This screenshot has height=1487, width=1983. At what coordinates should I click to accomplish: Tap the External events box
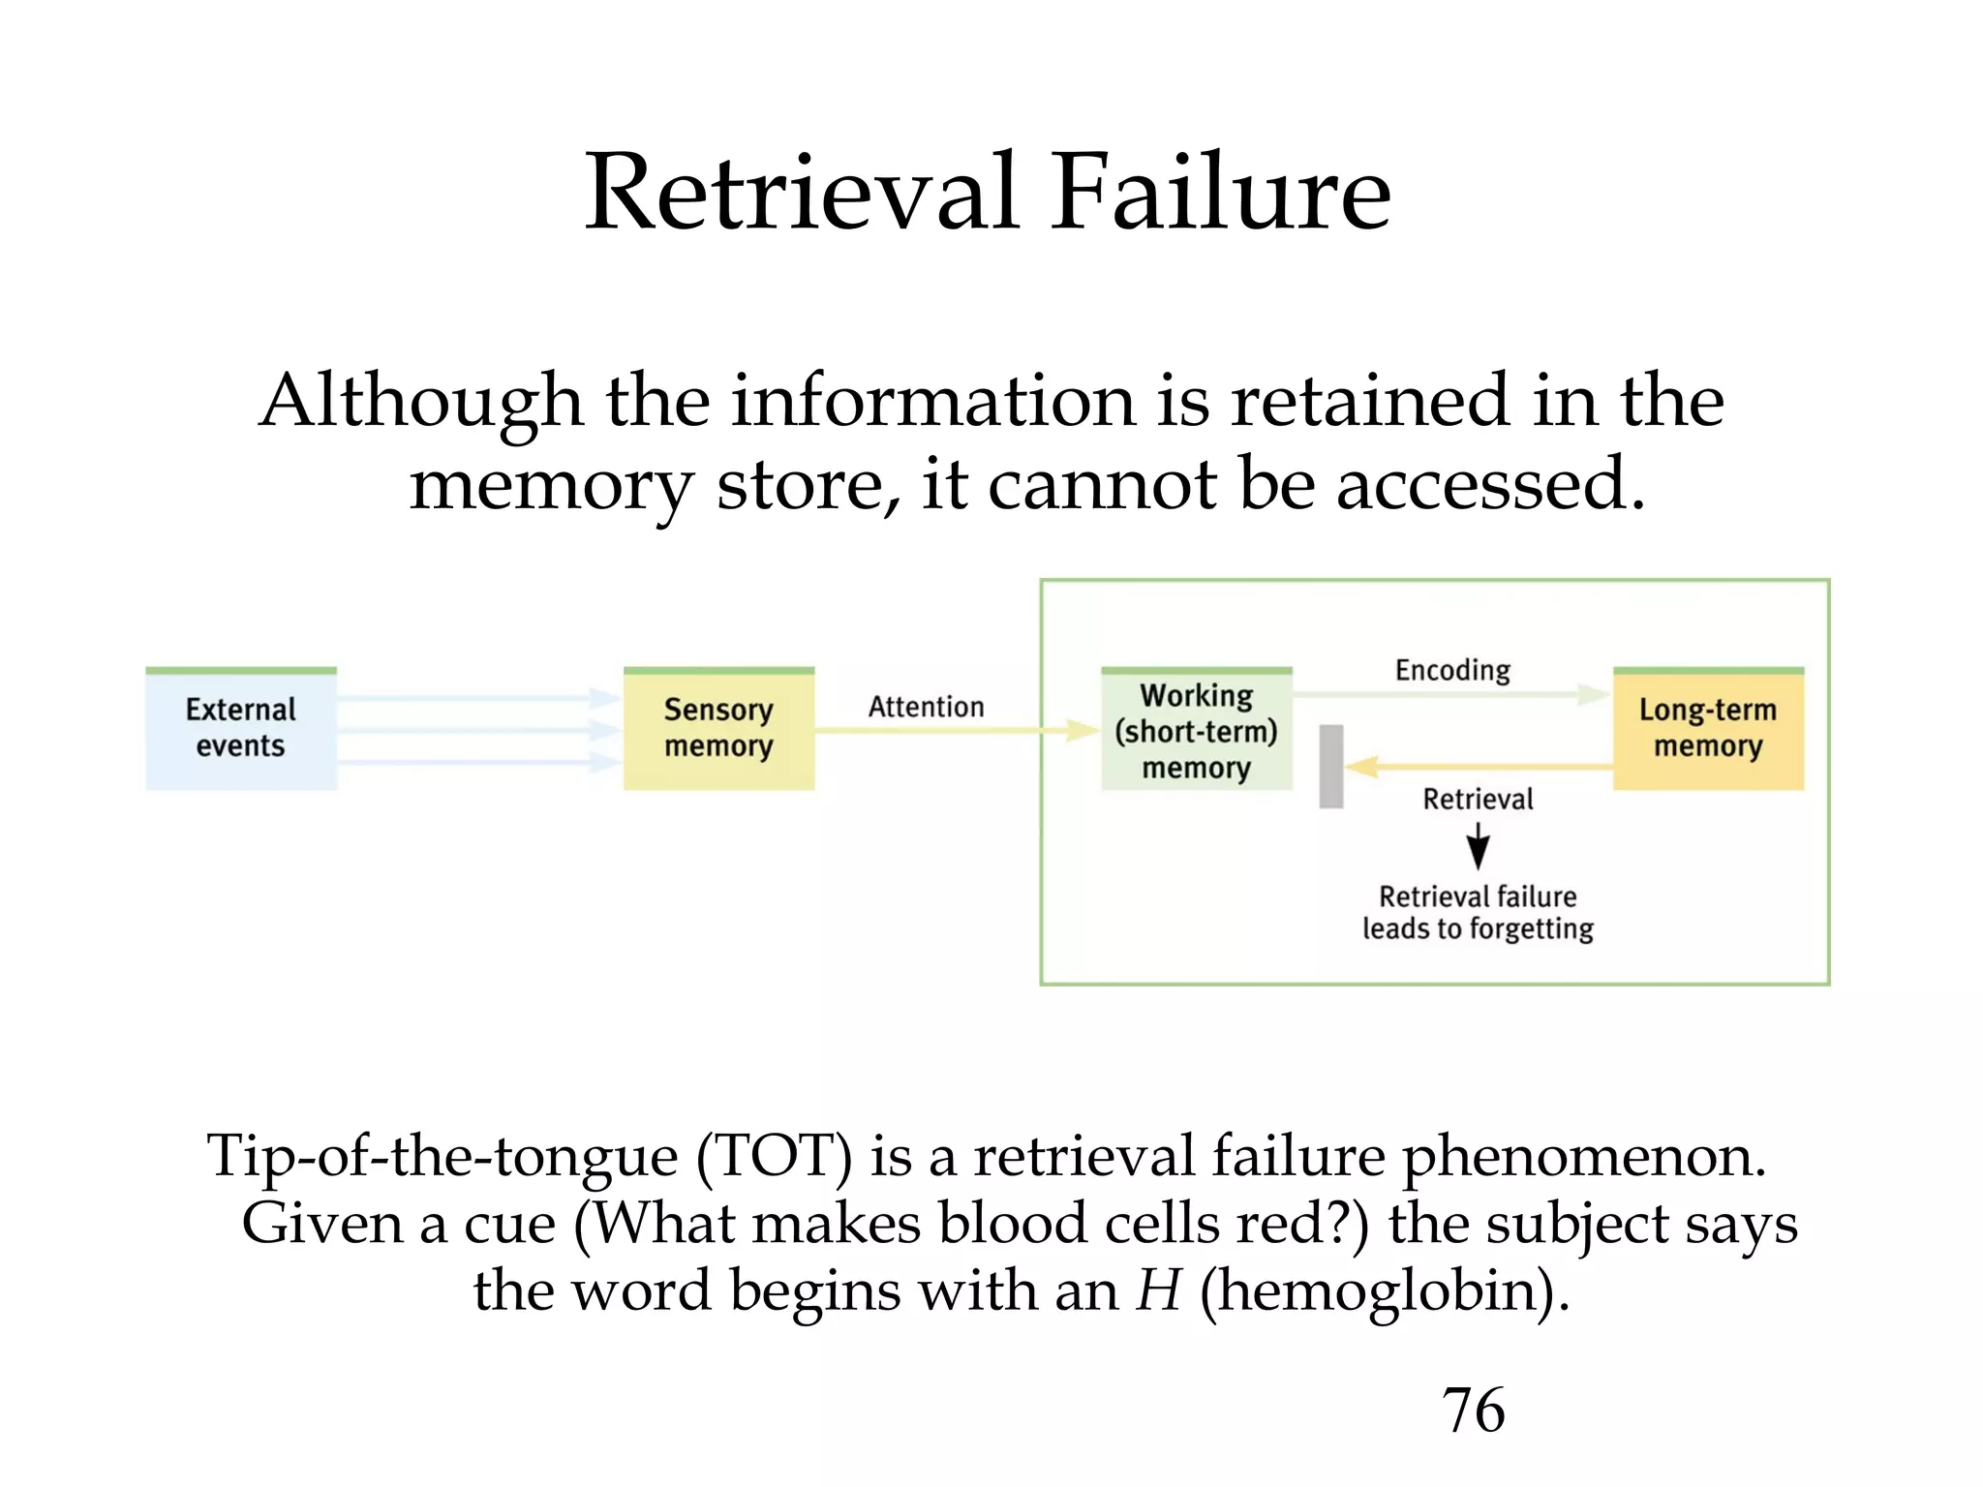(x=241, y=728)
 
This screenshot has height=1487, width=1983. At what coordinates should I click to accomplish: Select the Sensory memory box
(x=718, y=728)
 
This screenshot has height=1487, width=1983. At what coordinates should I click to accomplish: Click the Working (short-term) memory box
(x=1197, y=731)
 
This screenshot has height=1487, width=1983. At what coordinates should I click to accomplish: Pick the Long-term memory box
(x=1708, y=728)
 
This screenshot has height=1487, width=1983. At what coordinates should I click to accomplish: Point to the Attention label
(x=926, y=707)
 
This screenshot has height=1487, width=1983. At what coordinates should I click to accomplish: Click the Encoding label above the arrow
(x=1452, y=670)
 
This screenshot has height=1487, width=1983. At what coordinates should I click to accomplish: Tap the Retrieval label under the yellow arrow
(x=1478, y=799)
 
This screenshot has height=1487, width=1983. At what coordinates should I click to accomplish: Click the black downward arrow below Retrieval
(x=1478, y=845)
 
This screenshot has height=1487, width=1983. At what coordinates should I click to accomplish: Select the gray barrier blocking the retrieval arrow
(x=1331, y=766)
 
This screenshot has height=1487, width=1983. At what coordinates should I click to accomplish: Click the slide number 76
(x=1473, y=1410)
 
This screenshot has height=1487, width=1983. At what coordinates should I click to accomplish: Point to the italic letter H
(x=1159, y=1290)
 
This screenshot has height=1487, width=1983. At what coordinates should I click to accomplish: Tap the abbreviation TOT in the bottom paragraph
(x=775, y=1156)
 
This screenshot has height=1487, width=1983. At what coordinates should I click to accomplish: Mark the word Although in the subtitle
(x=421, y=401)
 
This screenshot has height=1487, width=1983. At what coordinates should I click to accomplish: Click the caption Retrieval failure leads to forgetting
(x=1478, y=912)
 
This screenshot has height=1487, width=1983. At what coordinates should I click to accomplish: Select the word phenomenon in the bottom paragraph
(x=1584, y=1158)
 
